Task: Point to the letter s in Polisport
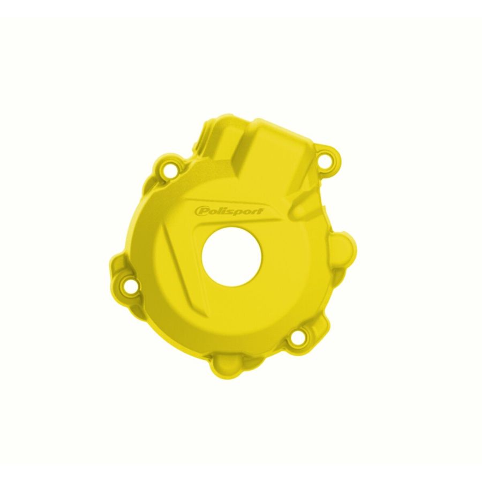[x=231, y=211]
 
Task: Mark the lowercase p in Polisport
[x=238, y=212]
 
